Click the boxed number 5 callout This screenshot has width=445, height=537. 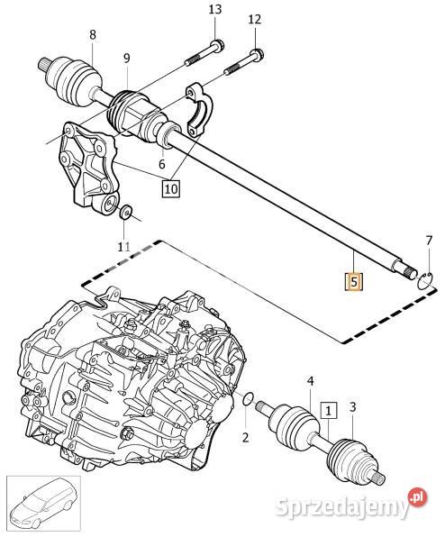click(354, 281)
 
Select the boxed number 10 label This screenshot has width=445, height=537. click(171, 188)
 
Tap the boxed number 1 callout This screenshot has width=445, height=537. click(329, 410)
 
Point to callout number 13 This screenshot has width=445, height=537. click(215, 10)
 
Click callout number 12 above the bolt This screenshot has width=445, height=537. click(255, 19)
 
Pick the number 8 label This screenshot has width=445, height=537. click(93, 35)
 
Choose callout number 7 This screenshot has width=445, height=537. click(429, 241)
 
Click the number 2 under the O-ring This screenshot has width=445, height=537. click(245, 437)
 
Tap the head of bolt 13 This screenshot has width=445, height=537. click(216, 46)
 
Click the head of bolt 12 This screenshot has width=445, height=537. click(257, 55)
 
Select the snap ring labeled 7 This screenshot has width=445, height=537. click(425, 280)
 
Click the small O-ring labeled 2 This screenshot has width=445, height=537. click(248, 399)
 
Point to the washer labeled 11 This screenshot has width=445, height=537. click(126, 212)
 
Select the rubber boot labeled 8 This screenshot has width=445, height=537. click(75, 78)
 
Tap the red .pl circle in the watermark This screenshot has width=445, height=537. click(418, 496)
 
